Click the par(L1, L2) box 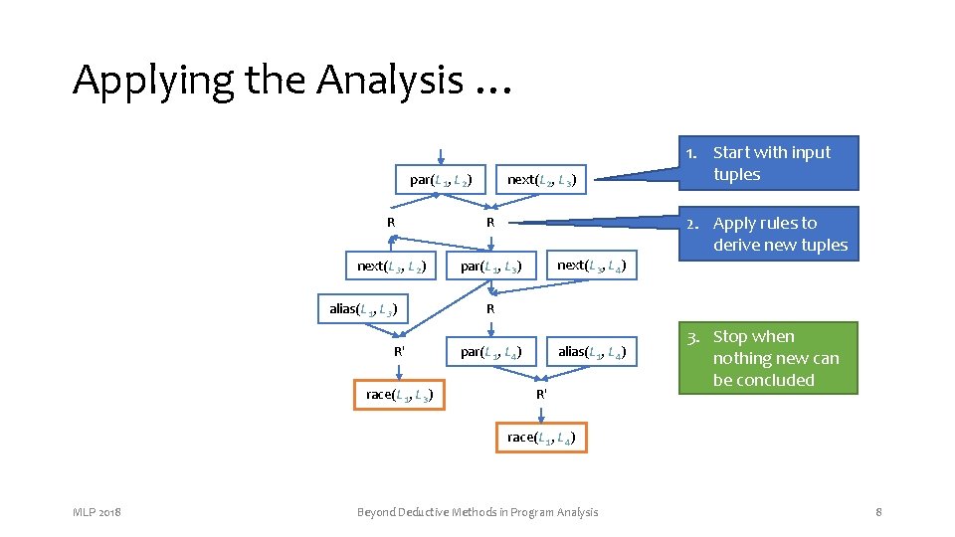point(440,180)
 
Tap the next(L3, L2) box point(392,266)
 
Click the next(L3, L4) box point(591,266)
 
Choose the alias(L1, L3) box point(364,308)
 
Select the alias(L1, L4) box point(591,351)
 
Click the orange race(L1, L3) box point(399,395)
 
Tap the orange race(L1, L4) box point(541,438)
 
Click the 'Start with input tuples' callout point(771,163)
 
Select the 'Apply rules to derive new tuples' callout point(769,234)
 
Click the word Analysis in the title point(390,80)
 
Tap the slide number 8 point(878,512)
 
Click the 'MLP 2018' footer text point(96,512)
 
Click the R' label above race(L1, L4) point(541,395)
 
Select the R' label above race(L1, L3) point(399,351)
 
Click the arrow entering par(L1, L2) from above point(440,156)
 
